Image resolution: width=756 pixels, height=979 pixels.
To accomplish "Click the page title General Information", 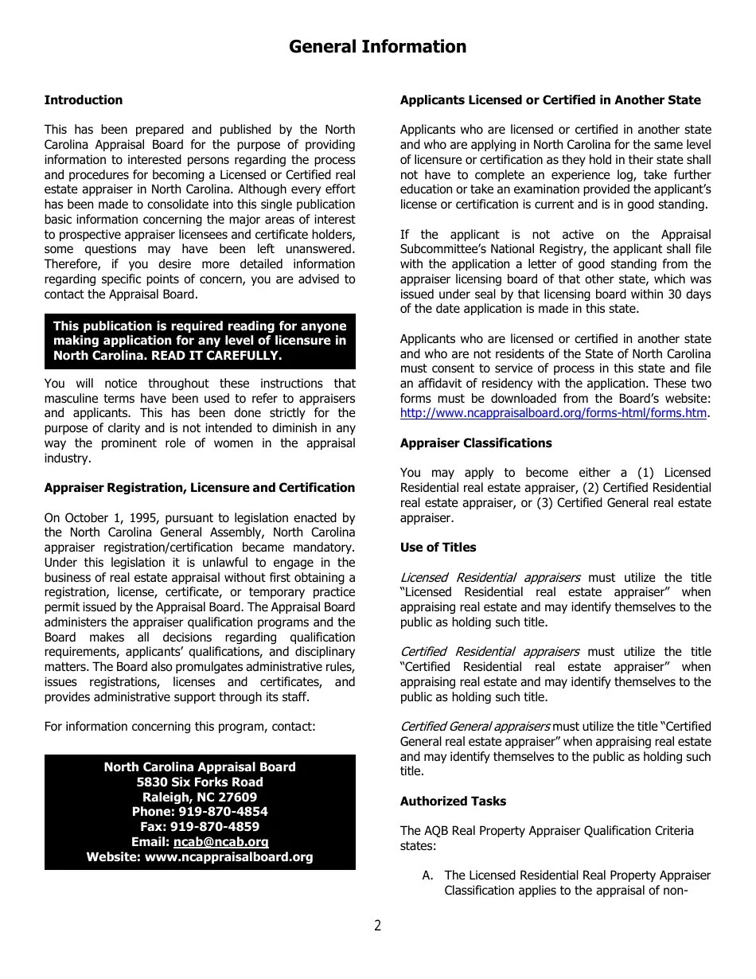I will [x=377, y=47].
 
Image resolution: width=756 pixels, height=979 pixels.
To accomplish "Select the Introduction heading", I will [x=84, y=100].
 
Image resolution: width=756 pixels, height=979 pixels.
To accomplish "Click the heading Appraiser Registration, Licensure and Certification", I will [x=200, y=488].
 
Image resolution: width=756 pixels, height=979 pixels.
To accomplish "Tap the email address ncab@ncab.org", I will [x=221, y=842].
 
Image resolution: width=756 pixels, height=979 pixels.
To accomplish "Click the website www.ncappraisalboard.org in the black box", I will [x=228, y=857].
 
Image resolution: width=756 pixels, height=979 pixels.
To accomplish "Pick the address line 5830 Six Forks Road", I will [x=200, y=782].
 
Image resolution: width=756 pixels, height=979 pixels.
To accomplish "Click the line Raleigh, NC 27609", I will [x=200, y=798].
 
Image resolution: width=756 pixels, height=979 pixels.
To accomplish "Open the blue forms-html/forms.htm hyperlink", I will [x=553, y=414].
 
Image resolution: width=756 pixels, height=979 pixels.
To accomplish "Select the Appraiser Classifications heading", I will [x=476, y=443].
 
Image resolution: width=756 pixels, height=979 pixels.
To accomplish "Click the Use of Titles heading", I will [x=438, y=548].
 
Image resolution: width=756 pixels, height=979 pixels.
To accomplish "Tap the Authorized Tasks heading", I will [x=453, y=802].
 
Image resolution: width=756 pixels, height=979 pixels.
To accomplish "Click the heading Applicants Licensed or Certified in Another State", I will [x=551, y=100].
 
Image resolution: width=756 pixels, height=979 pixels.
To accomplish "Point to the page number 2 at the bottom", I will [x=377, y=926].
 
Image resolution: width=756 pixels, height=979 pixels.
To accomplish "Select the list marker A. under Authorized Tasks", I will [x=428, y=876].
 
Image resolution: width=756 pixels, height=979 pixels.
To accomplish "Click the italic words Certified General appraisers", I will [x=475, y=727].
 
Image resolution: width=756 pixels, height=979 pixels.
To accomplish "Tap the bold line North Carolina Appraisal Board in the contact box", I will [x=200, y=767].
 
